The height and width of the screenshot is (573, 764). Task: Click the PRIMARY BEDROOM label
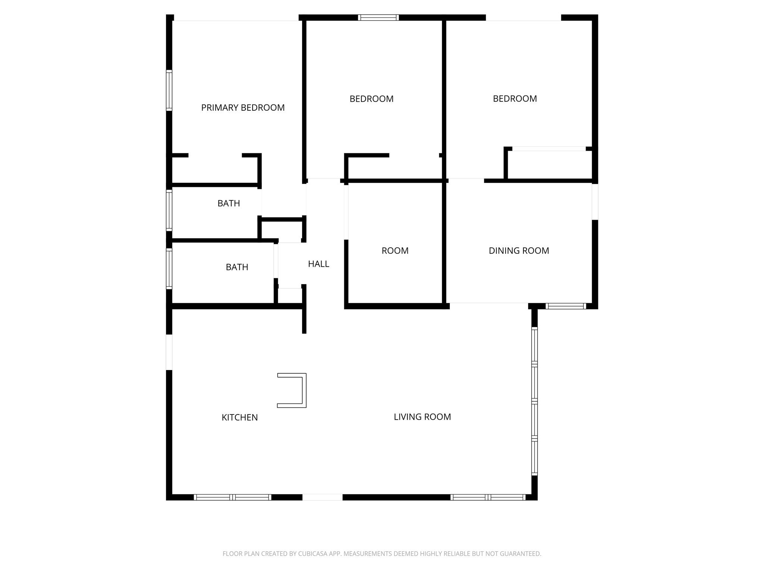click(243, 108)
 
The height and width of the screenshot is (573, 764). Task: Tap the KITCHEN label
click(239, 417)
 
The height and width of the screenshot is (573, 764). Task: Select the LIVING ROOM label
click(422, 417)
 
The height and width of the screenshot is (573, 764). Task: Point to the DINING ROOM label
click(519, 251)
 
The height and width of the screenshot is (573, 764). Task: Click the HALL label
click(319, 264)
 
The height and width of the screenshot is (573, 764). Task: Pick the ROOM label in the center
click(395, 251)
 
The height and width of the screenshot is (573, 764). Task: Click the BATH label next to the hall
click(237, 267)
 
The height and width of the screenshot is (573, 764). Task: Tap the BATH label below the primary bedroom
click(229, 203)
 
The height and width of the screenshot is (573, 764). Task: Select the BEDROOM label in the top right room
click(515, 99)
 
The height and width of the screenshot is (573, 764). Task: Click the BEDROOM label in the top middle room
click(372, 99)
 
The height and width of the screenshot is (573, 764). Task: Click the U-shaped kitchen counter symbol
click(304, 390)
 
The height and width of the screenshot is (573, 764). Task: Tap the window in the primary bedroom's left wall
click(169, 90)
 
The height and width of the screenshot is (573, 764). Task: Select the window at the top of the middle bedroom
click(378, 18)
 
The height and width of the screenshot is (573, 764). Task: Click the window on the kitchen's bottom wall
click(232, 497)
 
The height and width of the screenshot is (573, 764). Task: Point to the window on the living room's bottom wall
click(488, 497)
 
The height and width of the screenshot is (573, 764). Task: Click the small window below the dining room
click(566, 306)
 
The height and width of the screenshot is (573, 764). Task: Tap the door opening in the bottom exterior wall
click(322, 497)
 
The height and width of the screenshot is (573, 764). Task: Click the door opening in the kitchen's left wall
click(169, 352)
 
